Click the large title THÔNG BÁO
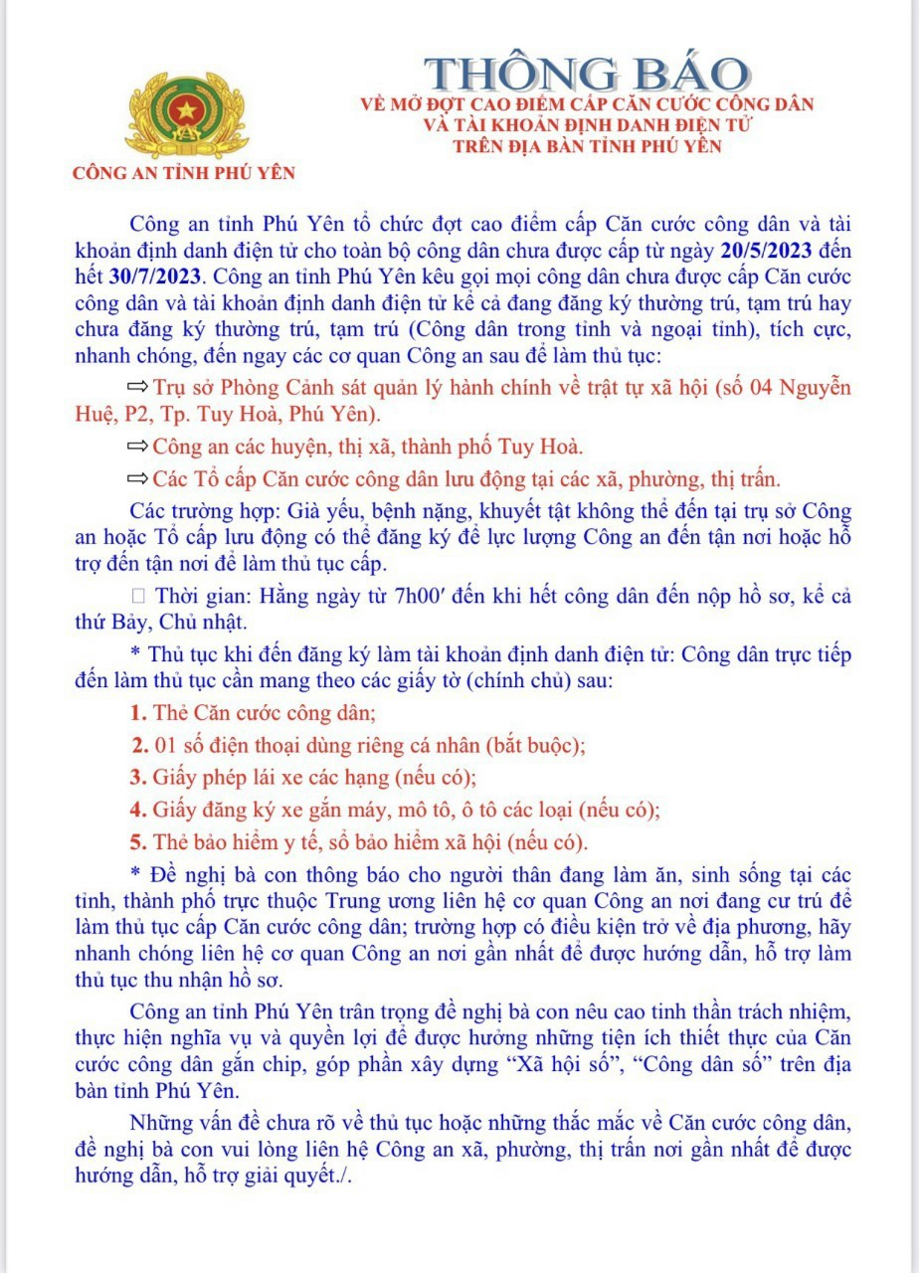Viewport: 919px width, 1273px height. (x=587, y=75)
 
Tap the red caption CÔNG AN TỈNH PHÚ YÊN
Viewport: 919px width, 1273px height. (x=184, y=172)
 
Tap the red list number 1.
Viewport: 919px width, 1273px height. (x=138, y=713)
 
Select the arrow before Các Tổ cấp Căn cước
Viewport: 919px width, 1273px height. (x=138, y=478)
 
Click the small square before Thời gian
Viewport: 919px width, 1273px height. (x=138, y=597)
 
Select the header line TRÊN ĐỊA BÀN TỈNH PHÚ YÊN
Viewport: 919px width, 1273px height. (x=586, y=146)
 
